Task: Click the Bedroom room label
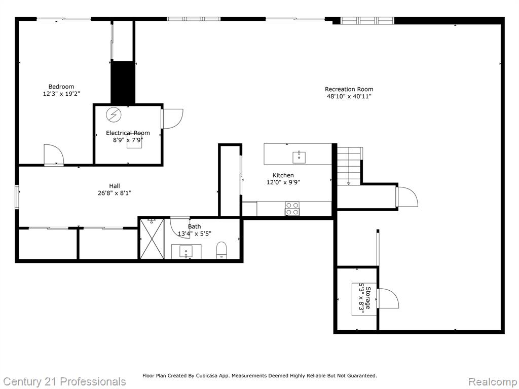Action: [61, 87]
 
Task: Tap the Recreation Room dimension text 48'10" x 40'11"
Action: [349, 96]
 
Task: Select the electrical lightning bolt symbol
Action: [114, 115]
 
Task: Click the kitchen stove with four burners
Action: [292, 209]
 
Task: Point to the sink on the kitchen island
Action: [299, 157]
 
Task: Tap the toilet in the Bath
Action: [221, 250]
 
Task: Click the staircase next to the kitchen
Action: [349, 166]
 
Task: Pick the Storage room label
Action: [368, 297]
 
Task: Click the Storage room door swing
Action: [388, 298]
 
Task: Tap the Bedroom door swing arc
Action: [53, 154]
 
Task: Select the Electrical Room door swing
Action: [172, 119]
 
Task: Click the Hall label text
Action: [115, 186]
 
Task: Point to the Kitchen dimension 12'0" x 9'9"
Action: [283, 182]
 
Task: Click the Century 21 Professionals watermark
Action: [65, 381]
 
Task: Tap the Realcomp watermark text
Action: [493, 381]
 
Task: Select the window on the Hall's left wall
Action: [17, 197]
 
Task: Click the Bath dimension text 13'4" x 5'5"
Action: [195, 234]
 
